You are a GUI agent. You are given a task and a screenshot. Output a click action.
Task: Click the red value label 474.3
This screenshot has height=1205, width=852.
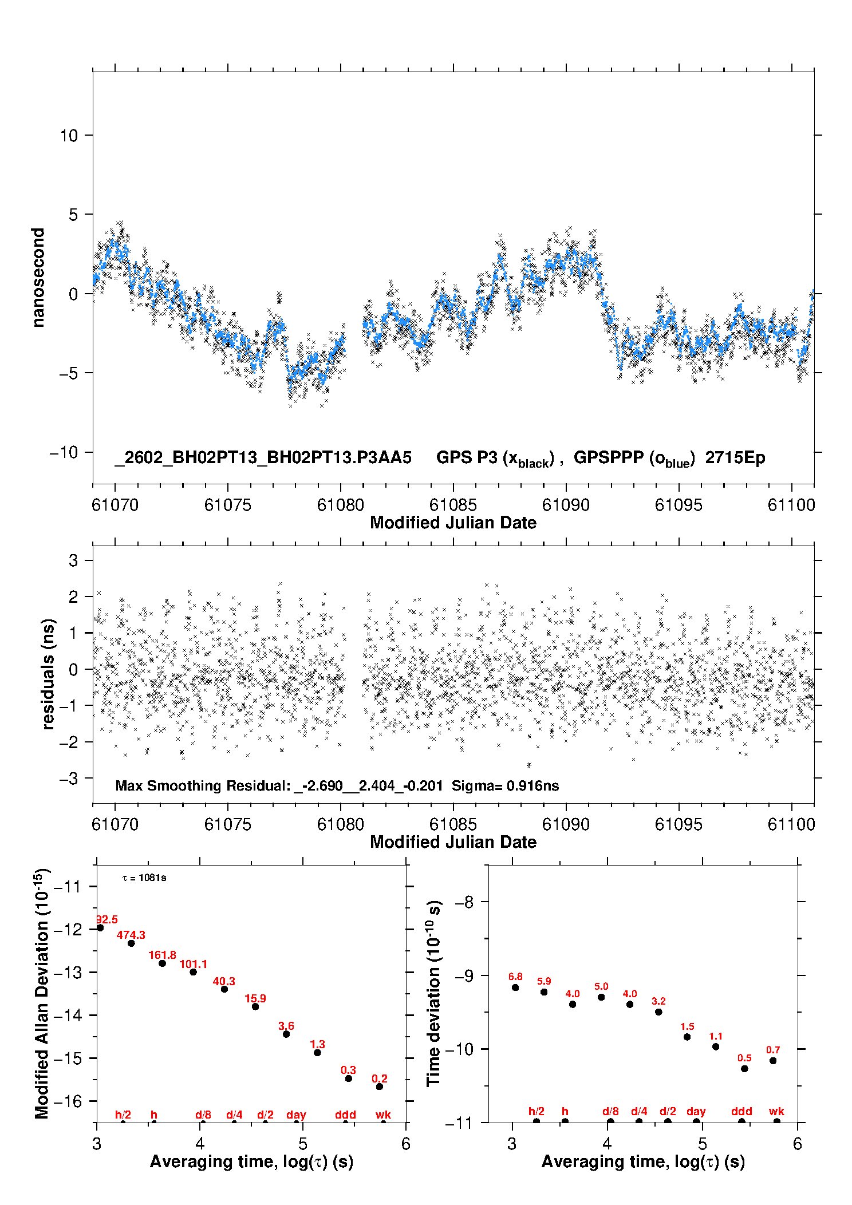point(131,935)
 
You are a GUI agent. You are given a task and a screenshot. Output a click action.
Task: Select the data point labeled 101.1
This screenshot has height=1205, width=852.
point(194,972)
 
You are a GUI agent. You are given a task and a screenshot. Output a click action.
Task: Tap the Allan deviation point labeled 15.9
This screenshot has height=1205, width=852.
point(255,1006)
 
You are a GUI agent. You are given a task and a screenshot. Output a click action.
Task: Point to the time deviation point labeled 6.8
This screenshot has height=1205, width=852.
point(515,987)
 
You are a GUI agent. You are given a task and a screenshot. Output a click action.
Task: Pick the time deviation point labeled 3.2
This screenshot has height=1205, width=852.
point(658,1012)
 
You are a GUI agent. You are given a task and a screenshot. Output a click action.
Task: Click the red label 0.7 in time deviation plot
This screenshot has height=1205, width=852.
point(773,1050)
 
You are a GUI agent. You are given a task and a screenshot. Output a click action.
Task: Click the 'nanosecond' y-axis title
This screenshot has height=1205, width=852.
point(38,278)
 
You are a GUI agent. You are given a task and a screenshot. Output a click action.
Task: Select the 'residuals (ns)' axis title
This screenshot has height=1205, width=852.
point(49,674)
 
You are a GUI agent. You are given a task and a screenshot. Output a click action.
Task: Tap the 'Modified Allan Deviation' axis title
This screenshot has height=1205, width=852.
point(42,993)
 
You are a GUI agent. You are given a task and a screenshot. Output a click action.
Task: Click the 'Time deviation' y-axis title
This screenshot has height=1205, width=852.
point(433,993)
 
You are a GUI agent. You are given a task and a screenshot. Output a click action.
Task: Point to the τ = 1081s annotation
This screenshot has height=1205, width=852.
point(144,878)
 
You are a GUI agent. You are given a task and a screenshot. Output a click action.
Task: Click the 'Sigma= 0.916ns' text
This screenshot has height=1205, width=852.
point(505,785)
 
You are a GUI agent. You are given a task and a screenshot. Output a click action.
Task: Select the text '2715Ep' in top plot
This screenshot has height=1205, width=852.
point(735,457)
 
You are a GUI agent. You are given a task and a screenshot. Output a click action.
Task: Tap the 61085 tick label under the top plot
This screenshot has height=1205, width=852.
point(453,505)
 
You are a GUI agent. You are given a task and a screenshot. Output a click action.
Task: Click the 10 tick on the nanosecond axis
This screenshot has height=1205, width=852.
point(69,136)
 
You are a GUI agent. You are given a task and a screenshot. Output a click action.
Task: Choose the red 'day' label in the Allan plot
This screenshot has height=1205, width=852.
point(296,1115)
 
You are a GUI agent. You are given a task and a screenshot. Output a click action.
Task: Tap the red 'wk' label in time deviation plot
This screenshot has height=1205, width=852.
point(776,1111)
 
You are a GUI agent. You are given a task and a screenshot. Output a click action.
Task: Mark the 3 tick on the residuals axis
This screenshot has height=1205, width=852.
point(73,560)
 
